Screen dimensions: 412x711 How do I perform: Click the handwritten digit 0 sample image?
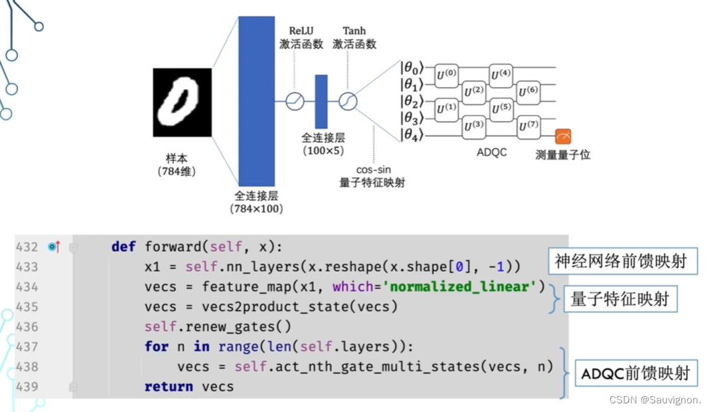(183, 102)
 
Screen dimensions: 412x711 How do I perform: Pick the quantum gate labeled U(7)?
(528, 124)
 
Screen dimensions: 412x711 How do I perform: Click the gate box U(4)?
(501, 74)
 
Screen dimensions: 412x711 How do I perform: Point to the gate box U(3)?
(473, 124)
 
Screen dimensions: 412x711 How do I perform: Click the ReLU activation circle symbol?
(294, 101)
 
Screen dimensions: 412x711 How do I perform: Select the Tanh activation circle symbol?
(348, 101)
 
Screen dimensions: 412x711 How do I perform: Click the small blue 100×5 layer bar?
(321, 101)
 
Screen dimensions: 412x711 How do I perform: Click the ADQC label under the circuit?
(491, 152)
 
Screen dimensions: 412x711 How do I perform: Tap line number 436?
(27, 327)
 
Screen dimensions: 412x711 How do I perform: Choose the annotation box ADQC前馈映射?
(635, 373)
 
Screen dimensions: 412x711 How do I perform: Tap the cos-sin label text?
(372, 169)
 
